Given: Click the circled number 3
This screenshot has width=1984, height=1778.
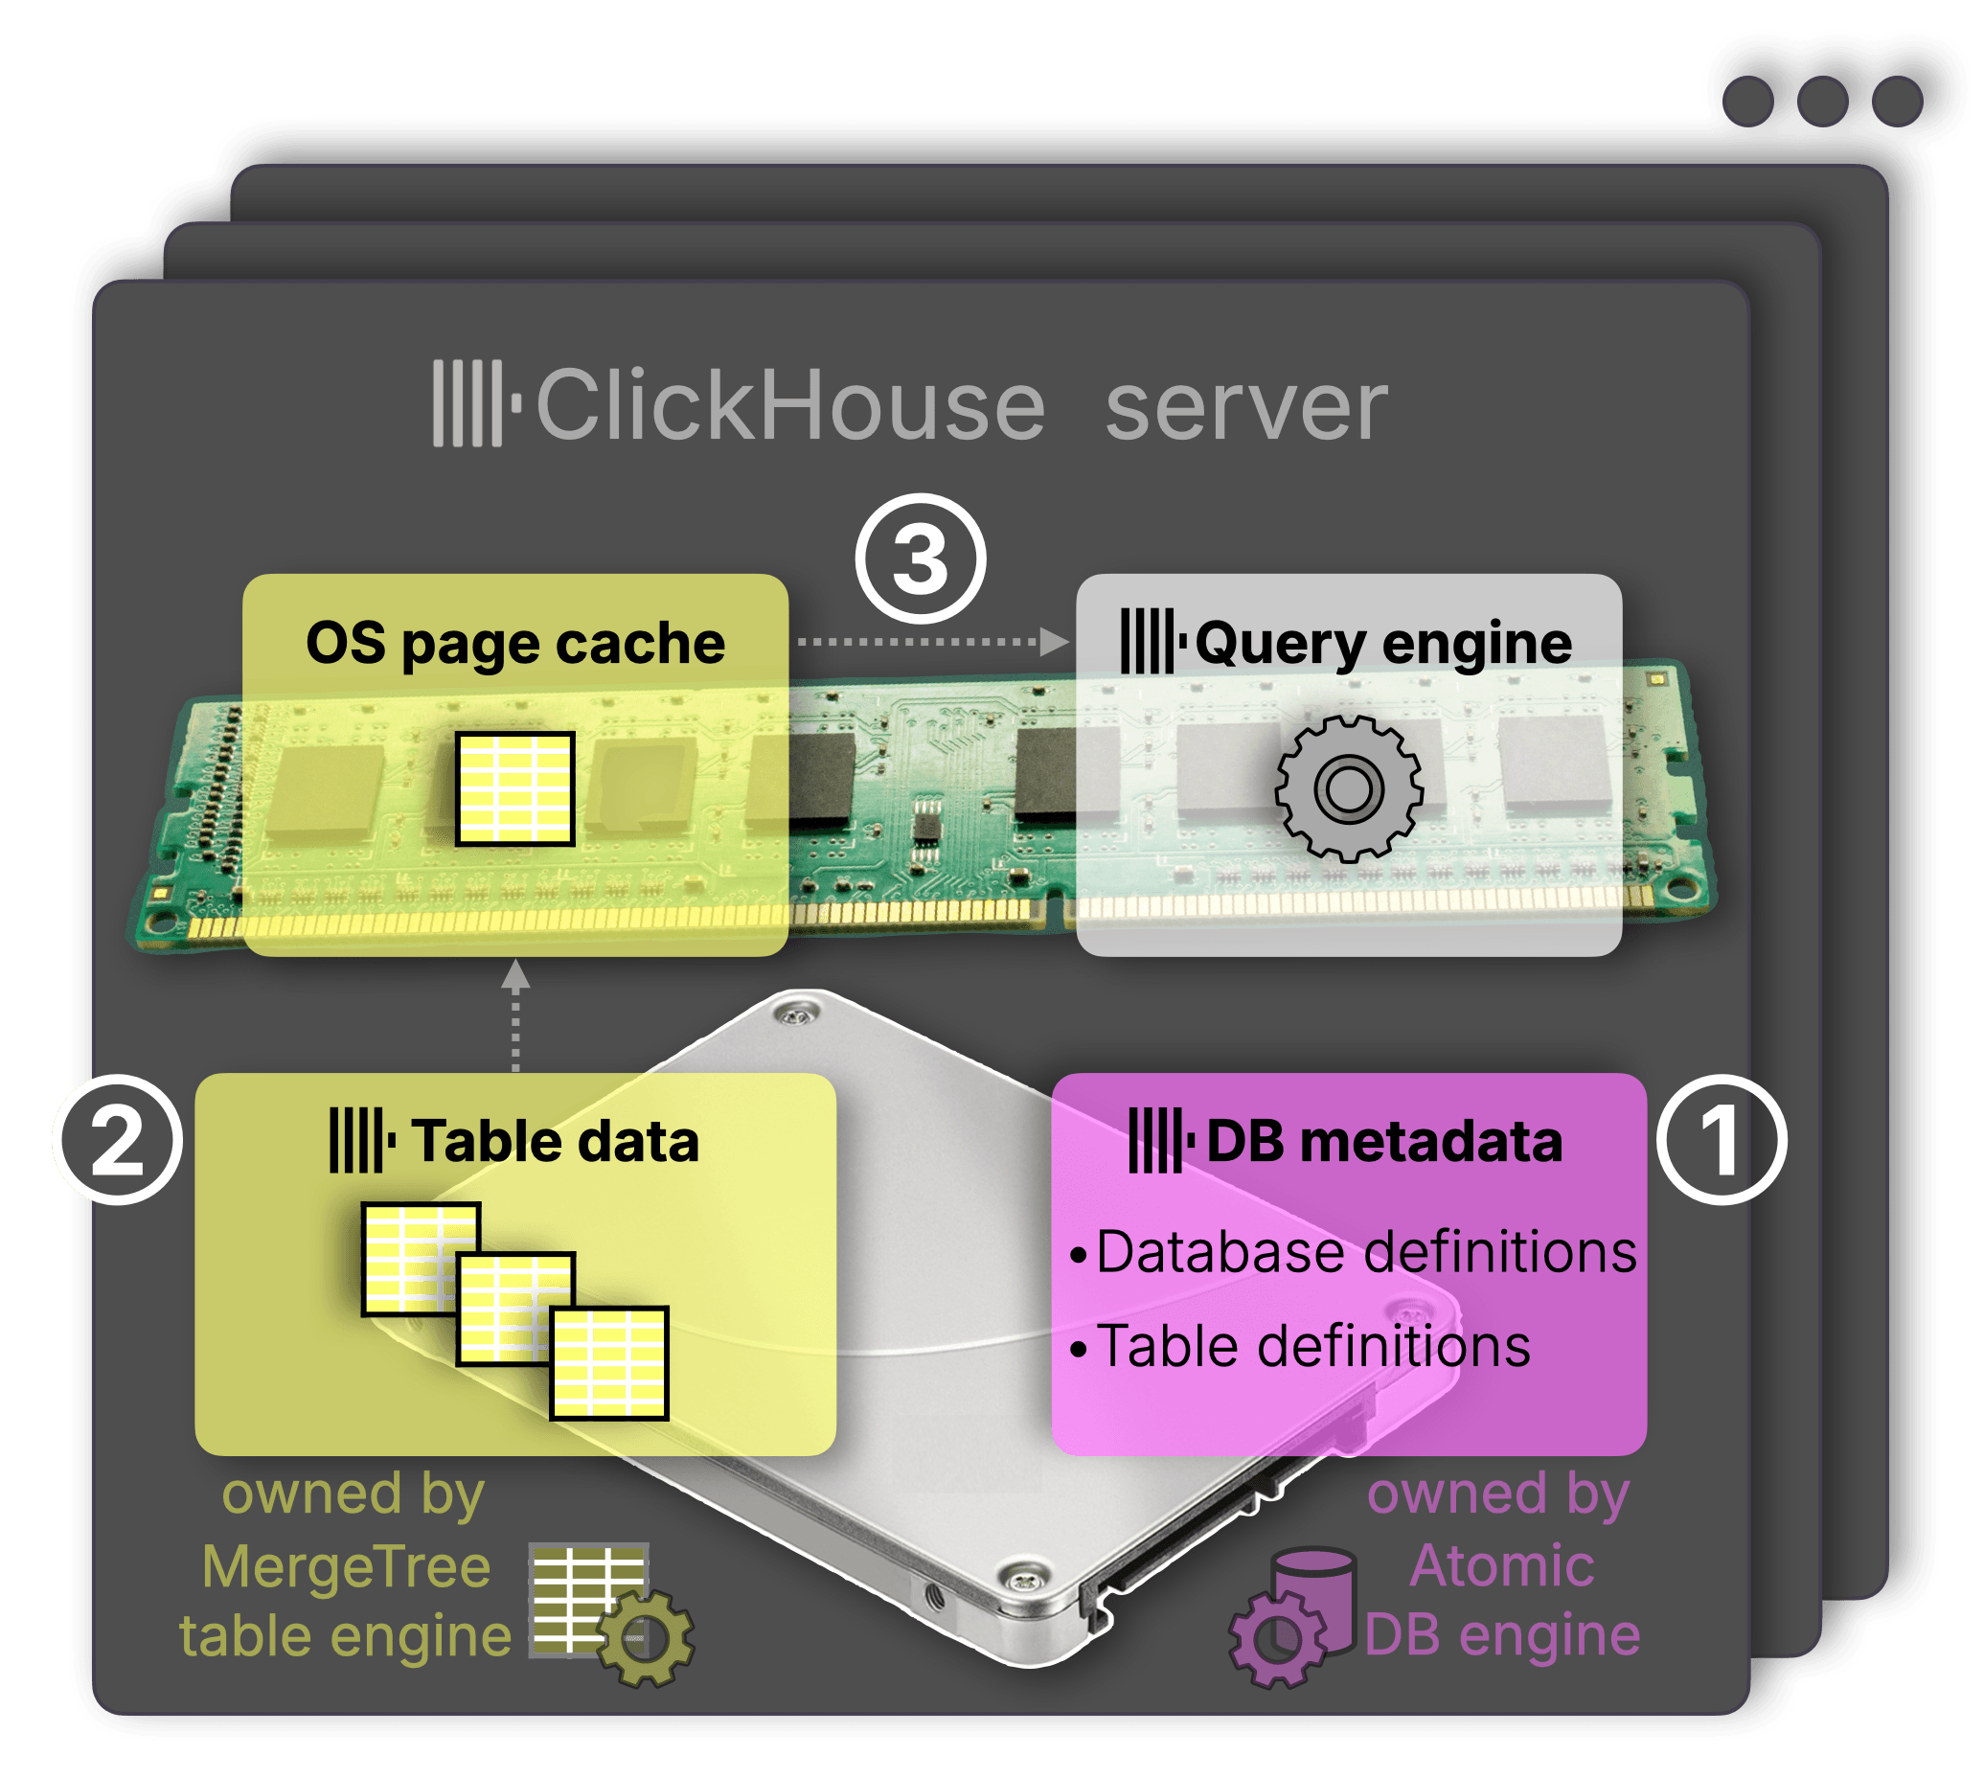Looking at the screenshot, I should coord(921,558).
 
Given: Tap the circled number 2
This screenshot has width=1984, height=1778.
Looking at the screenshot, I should coord(117,1139).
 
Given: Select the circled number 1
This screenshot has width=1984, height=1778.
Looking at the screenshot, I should coord(1722,1139).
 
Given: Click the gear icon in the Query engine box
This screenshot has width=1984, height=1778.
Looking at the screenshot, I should coord(1348,787).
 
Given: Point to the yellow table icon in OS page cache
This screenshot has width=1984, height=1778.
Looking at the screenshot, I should coord(514,787).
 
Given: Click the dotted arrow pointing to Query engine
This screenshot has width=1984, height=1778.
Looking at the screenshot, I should coord(932,642).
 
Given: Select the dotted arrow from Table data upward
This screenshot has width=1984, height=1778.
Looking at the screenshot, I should coord(514,1016).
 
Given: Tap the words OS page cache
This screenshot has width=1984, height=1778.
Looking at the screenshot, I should coord(514,643).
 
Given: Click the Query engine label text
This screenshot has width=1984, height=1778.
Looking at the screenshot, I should coord(1382,643).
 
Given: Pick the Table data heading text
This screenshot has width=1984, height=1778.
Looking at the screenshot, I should coord(554,1140).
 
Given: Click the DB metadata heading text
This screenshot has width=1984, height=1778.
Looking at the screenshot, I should coord(1383,1140).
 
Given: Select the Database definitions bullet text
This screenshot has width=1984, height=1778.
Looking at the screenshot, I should coord(1365,1252).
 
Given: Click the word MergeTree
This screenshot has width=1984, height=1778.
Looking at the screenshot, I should coord(346,1568).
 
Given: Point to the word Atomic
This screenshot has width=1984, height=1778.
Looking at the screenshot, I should coord(1501,1566).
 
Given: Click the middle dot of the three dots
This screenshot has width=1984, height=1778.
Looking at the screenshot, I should coord(1822,102).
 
